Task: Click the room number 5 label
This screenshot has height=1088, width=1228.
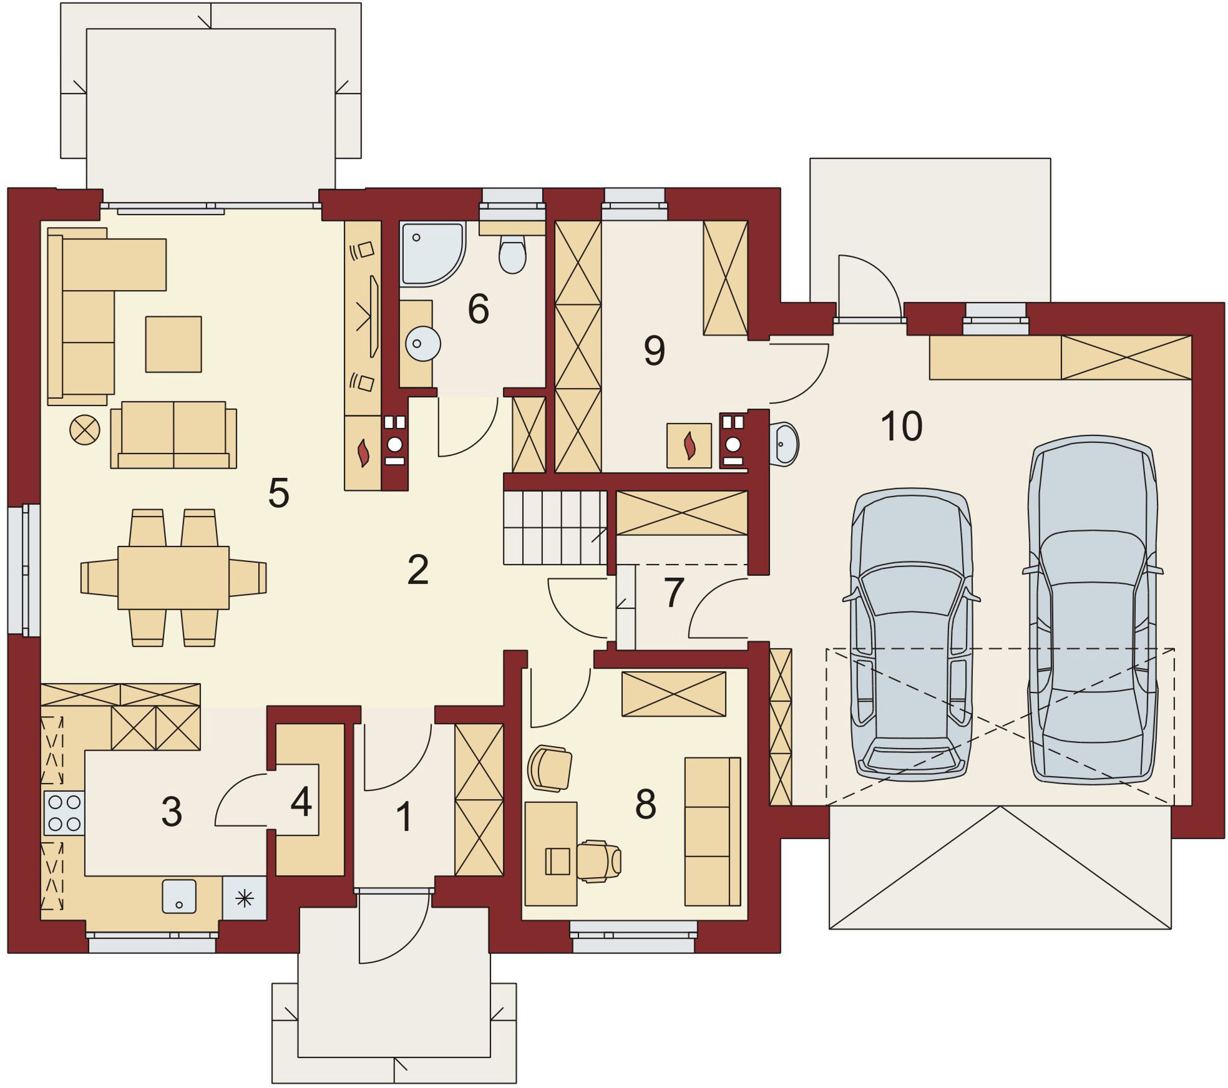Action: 278,493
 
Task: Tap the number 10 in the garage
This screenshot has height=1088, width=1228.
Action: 901,427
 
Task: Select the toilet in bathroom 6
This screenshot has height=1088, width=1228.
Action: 513,254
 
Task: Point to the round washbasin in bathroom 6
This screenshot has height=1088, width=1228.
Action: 423,343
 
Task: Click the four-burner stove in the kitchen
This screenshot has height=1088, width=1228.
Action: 64,813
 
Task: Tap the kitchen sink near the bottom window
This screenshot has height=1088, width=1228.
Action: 179,896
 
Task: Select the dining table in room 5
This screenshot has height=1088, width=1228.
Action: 173,578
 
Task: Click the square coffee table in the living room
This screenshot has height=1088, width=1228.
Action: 173,344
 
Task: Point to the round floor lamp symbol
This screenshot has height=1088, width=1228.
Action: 85,430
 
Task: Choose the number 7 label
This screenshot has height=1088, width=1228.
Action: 674,593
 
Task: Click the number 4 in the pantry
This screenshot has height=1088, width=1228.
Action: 301,802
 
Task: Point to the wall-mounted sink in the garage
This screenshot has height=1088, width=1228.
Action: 784,445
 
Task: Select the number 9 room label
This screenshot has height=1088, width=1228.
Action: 654,351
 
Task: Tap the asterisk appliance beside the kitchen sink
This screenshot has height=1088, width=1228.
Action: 245,898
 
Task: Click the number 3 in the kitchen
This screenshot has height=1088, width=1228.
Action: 172,812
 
